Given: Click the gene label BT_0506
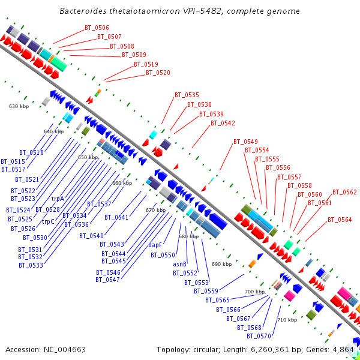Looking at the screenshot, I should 97,28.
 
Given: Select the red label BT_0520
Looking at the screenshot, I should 158,73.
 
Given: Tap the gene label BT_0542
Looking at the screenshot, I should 223,123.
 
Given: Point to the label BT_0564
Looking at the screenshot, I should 340,220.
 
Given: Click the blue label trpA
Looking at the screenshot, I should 58,199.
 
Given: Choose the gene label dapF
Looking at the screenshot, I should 155,245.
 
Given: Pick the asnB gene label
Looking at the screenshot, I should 180,264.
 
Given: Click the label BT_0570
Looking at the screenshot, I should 259,336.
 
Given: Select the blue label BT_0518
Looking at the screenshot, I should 31,152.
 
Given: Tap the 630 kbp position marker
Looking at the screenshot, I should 19,106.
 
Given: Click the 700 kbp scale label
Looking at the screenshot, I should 254,292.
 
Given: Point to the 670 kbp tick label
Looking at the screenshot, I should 155,211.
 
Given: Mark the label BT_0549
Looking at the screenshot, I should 245,142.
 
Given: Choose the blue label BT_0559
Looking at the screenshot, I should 206,291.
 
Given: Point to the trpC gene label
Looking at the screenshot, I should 48,221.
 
